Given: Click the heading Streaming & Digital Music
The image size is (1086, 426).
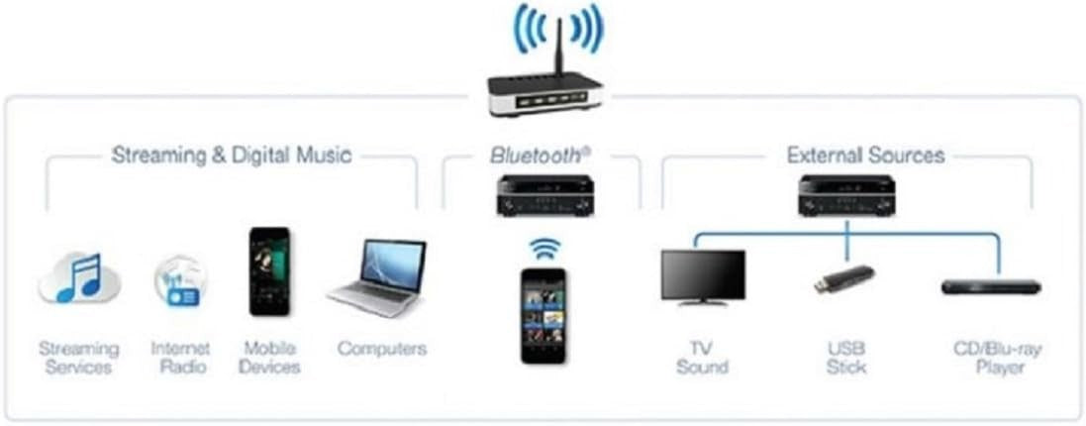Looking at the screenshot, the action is click(232, 156).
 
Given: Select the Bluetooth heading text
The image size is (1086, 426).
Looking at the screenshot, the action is click(541, 156).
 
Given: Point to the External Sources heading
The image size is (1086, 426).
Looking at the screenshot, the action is click(865, 156).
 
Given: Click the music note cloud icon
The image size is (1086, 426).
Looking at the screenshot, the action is click(79, 278).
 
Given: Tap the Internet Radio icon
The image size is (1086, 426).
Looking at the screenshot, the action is click(179, 281).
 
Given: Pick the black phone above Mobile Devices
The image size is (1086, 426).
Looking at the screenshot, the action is click(269, 271).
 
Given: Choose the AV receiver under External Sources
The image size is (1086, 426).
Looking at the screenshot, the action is click(847, 195).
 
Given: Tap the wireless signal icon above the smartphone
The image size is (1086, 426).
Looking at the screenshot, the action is click(544, 248).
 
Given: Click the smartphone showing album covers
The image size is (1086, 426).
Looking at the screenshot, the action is click(543, 315).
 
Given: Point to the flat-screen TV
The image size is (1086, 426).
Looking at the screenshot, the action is click(703, 277).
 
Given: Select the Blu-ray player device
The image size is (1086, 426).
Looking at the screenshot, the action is click(990, 286).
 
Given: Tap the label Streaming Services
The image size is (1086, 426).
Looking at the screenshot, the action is click(78, 357).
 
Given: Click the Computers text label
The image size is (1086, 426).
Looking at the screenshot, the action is click(382, 348).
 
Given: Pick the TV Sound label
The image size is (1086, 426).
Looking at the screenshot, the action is click(702, 357).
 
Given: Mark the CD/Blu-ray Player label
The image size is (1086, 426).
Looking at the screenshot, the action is click(996, 357).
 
